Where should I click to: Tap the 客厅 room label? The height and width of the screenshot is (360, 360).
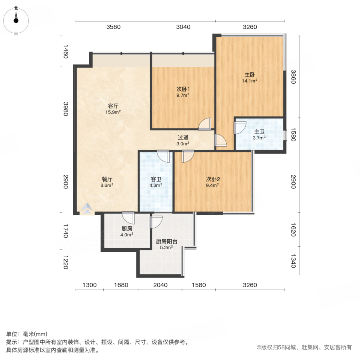pos(113,106)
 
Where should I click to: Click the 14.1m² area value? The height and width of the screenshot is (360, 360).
pos(249,81)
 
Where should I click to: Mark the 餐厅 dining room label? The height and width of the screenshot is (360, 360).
pos(107,179)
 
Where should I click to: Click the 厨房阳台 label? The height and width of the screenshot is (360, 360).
pos(166,241)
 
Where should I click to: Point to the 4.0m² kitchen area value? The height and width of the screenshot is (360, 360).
pos(127,235)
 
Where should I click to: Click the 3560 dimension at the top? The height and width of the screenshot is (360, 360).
pos(113,27)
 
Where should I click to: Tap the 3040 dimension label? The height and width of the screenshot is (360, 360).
pos(183,27)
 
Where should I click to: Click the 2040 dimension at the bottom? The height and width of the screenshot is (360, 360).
pos(160,285)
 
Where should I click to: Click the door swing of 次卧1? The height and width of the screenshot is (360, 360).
pos(204,124)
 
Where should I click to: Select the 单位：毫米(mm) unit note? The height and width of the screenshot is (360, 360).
pos(27,334)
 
